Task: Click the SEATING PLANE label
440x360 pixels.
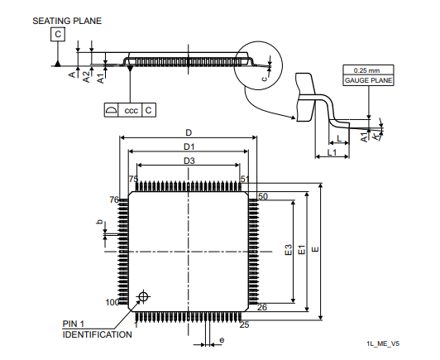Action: point(67,21)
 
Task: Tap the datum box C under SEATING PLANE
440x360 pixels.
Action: point(58,34)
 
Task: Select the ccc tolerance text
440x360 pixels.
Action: point(131,110)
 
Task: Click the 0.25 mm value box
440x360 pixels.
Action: point(368,70)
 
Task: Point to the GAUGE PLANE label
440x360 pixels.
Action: point(368,80)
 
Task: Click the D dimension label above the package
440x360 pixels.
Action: point(189,132)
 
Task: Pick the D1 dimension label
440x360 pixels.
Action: point(189,146)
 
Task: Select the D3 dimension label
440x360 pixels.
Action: point(189,161)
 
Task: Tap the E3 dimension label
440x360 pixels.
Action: point(289,250)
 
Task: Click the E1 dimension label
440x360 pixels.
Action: point(302,250)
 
